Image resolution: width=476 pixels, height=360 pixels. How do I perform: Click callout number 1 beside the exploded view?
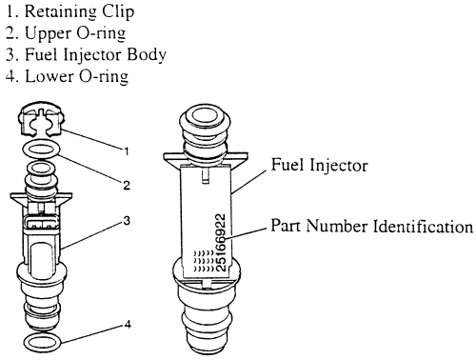click(x=127, y=151)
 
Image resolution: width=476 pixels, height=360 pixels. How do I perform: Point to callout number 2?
click(x=127, y=185)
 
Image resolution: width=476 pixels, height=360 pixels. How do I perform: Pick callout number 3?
click(x=127, y=220)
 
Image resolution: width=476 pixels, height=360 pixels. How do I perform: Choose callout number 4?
click(x=128, y=325)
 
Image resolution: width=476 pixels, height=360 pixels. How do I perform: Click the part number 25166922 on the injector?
click(x=221, y=242)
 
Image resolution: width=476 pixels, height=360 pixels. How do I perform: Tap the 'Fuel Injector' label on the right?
click(x=319, y=166)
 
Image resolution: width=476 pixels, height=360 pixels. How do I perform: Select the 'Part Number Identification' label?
click(x=371, y=226)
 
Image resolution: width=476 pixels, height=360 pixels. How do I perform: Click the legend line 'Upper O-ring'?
click(x=66, y=33)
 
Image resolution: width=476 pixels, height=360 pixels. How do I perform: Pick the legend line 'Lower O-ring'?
click(x=67, y=77)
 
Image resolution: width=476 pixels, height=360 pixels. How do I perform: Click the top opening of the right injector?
click(x=206, y=115)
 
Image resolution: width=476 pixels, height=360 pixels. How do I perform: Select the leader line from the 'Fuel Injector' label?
click(x=248, y=182)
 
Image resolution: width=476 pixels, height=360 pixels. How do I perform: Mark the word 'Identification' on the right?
click(x=423, y=226)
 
